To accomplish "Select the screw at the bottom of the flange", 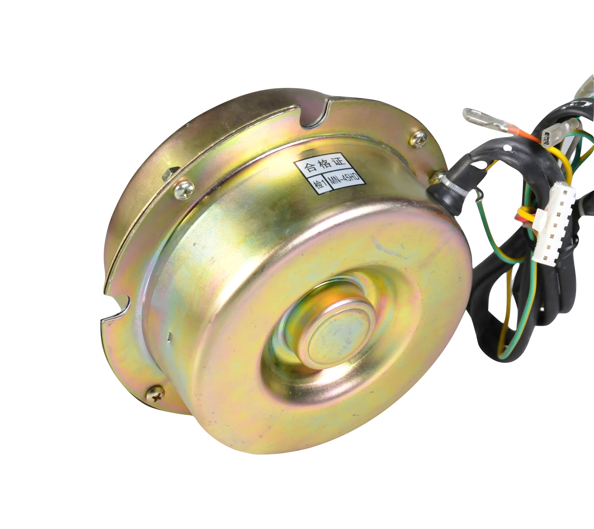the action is tap(156, 395).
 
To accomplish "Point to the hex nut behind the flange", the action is tap(168, 173).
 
